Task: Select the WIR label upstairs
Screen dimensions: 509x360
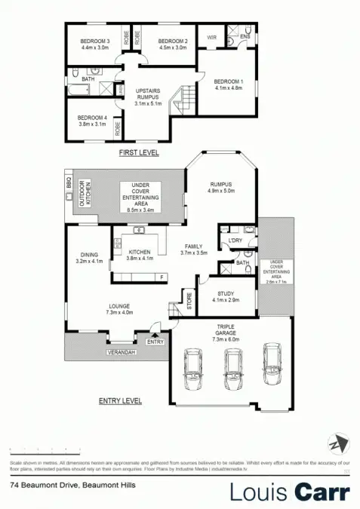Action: (x=212, y=36)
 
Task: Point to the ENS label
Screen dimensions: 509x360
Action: (x=245, y=36)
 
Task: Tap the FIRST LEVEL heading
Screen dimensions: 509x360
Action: (x=140, y=153)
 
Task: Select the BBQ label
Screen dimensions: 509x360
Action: (x=68, y=184)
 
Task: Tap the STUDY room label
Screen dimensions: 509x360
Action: (x=227, y=294)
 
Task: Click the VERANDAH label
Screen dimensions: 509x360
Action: (x=122, y=352)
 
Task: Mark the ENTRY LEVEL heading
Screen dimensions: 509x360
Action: (x=123, y=401)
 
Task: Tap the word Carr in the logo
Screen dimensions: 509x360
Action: (x=322, y=491)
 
